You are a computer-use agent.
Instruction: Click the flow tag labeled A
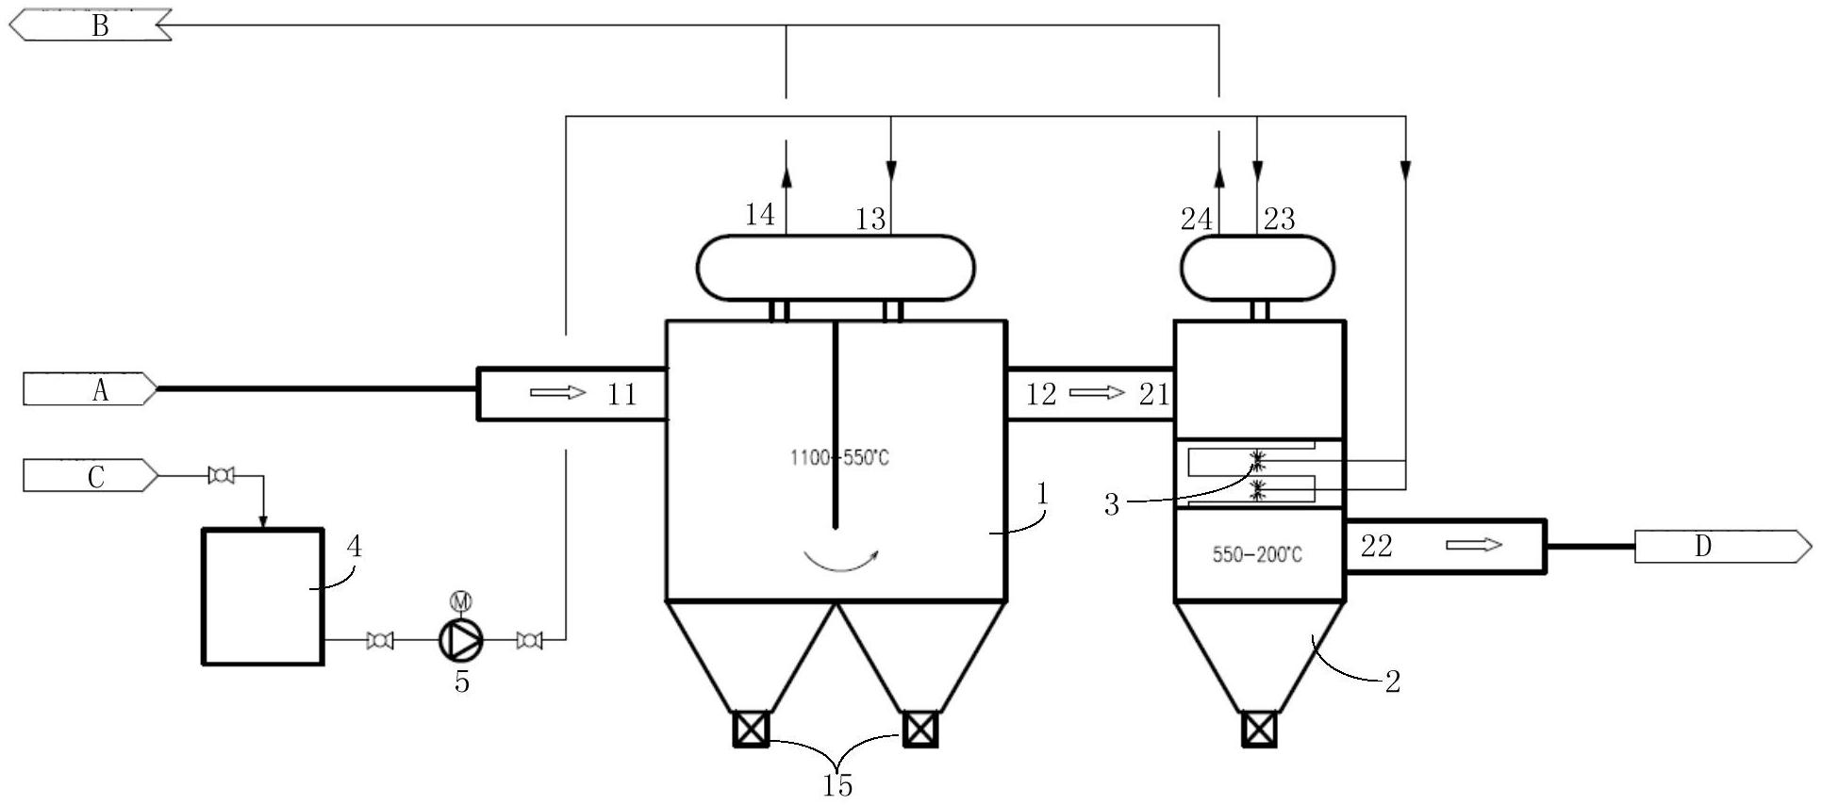[x=91, y=389]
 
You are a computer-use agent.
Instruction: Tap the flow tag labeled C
[x=91, y=476]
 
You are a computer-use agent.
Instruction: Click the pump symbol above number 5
[x=461, y=640]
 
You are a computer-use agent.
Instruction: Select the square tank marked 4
[x=263, y=597]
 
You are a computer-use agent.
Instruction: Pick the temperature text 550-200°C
[x=1257, y=554]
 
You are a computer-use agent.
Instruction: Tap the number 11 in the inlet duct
[x=621, y=394]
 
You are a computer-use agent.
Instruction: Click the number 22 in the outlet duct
[x=1376, y=546]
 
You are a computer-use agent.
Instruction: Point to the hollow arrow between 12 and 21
[x=1097, y=392]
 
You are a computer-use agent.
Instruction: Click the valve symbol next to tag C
[x=221, y=476]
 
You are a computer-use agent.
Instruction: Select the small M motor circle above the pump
[x=461, y=600]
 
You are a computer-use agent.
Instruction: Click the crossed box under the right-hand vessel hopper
[x=1259, y=729]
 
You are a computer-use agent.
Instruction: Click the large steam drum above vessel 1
[x=835, y=268]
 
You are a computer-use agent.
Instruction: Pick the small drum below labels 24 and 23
[x=1257, y=268]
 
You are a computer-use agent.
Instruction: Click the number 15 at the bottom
[x=837, y=784]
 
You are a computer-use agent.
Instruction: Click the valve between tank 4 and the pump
[x=379, y=640]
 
